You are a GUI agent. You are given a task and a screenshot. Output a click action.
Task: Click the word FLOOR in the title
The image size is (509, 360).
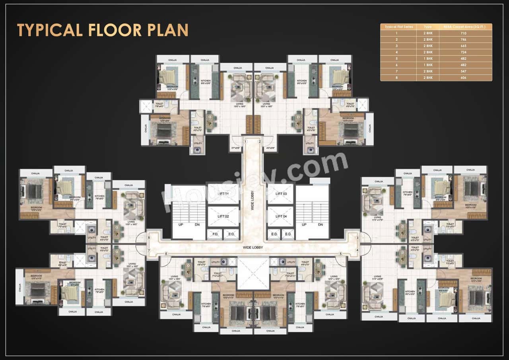pyautogui.click(x=104, y=30)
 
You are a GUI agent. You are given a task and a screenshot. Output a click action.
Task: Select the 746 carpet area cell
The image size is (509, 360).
pyautogui.click(x=463, y=40)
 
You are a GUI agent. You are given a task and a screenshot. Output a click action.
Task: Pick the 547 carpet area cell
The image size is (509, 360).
pyautogui.click(x=463, y=71)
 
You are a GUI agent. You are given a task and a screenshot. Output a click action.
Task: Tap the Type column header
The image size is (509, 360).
pyautogui.click(x=427, y=27)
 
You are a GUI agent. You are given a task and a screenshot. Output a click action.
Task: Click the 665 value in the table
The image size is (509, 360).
pyautogui.click(x=463, y=46)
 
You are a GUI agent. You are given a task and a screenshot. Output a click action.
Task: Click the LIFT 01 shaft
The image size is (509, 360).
pyautogui.click(x=223, y=194)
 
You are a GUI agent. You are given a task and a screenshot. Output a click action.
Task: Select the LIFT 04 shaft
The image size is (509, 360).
pyautogui.click(x=280, y=216)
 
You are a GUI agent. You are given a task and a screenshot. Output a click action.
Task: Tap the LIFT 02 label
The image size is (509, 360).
pyautogui.click(x=223, y=216)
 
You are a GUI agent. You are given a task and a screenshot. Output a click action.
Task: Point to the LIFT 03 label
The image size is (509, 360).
pyautogui.click(x=280, y=194)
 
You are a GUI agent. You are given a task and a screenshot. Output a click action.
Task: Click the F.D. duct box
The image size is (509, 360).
pyautogui.click(x=215, y=234)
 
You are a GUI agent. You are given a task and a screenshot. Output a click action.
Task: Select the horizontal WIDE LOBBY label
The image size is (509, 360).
pyautogui.click(x=253, y=247)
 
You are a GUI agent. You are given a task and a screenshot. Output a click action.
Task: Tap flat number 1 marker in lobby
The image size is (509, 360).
pyautogui.click(x=246, y=141)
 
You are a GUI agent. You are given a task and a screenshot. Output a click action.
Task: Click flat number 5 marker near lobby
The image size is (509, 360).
pyautogui.click(x=340, y=253)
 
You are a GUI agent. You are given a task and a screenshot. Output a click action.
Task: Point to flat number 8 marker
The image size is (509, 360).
pyautogui.click(x=149, y=238)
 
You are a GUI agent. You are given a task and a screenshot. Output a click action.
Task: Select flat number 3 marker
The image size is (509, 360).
pyautogui.click(x=357, y=238)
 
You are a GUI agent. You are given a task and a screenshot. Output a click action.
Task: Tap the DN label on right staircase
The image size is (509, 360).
pyautogui.click(x=320, y=225)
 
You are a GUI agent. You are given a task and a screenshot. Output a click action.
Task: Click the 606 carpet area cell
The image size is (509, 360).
pyautogui.click(x=463, y=78)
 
